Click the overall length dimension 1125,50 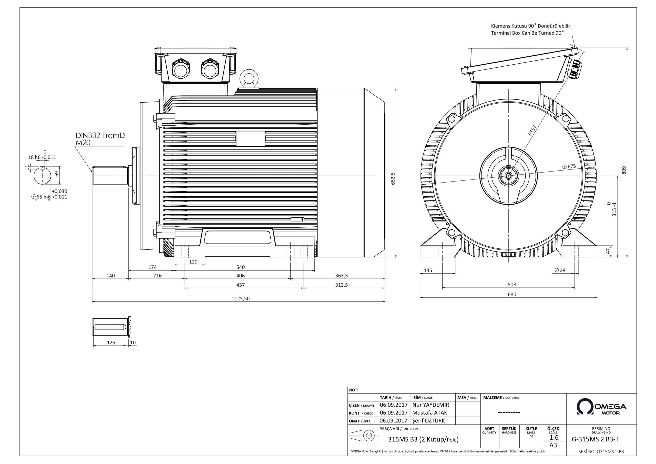point(240,298)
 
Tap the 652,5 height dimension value point(393,178)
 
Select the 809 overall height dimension point(624,170)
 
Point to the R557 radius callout point(532,130)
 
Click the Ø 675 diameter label point(569,166)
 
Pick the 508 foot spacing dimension point(512,285)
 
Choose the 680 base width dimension point(512,294)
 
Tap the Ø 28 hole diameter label point(560,270)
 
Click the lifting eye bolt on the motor point(249,77)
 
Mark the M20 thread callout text point(83,142)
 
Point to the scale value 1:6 point(554,438)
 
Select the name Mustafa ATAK point(429,412)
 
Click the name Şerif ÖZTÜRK point(428,420)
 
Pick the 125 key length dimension point(111,342)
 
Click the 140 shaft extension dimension point(110,276)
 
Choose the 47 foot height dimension point(608,251)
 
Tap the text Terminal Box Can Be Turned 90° point(527,33)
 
